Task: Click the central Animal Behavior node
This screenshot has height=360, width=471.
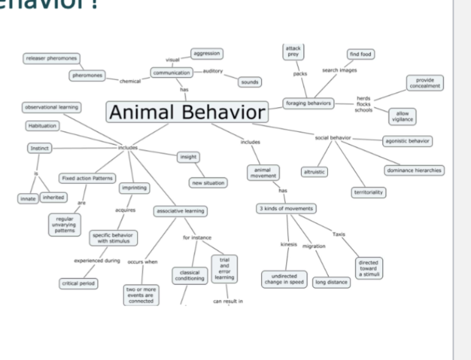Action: [x=188, y=112]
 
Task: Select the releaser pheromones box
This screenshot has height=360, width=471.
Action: [x=51, y=58]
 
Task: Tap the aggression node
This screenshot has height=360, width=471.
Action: [x=206, y=54]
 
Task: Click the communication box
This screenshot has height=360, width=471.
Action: [x=171, y=73]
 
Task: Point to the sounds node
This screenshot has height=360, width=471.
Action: [x=250, y=82]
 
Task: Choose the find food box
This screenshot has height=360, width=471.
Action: [x=360, y=54]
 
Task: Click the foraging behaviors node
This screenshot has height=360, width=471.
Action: [x=308, y=103]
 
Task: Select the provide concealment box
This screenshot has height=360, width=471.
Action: [x=425, y=83]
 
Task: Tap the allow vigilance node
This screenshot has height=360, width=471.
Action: [x=402, y=116]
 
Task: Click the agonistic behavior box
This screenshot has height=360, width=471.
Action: [x=407, y=141]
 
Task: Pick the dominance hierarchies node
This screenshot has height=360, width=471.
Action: [x=414, y=170]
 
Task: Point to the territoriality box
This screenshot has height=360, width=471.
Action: [x=369, y=193]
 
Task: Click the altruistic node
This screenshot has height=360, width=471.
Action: [x=314, y=172]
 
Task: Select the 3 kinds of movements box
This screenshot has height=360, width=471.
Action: [x=286, y=209]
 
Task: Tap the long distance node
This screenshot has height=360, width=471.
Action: [x=331, y=282]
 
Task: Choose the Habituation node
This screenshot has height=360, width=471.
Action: [x=42, y=126]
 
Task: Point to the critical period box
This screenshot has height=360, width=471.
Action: [x=79, y=283]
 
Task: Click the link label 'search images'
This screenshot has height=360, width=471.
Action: [x=339, y=70]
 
